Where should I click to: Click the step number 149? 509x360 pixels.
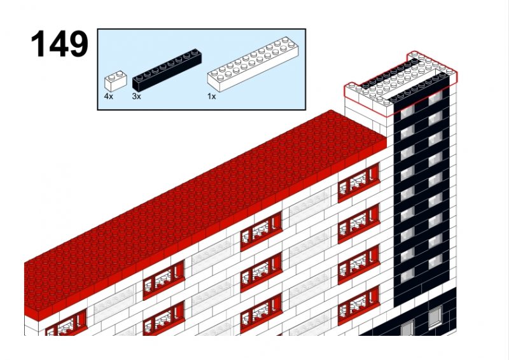point(59,44)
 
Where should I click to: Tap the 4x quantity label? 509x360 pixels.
point(108,97)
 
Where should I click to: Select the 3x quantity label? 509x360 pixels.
point(136,97)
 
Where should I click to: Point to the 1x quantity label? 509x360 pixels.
point(211,97)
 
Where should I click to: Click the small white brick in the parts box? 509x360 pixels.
point(115,81)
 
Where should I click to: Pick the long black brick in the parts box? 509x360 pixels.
point(167,70)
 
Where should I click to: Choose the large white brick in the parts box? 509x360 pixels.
point(253,64)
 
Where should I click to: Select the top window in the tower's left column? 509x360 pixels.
point(408,113)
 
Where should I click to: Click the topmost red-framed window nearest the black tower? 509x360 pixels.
point(359,183)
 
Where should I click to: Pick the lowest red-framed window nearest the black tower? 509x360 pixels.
point(359,305)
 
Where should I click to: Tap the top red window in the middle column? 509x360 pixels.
point(261,231)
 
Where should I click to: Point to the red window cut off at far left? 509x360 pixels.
point(67,322)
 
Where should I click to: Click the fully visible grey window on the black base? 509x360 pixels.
point(435,316)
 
